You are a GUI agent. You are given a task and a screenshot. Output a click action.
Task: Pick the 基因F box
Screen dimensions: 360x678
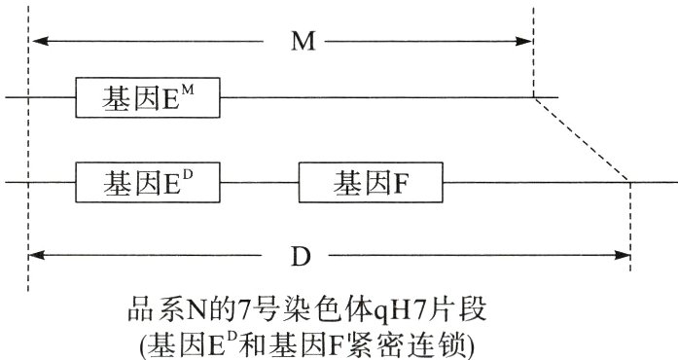[x=371, y=181]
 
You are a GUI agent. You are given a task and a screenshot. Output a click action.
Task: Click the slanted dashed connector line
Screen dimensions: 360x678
[x=582, y=139]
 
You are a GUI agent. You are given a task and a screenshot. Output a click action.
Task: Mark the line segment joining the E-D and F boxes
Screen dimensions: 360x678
[x=260, y=182]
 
